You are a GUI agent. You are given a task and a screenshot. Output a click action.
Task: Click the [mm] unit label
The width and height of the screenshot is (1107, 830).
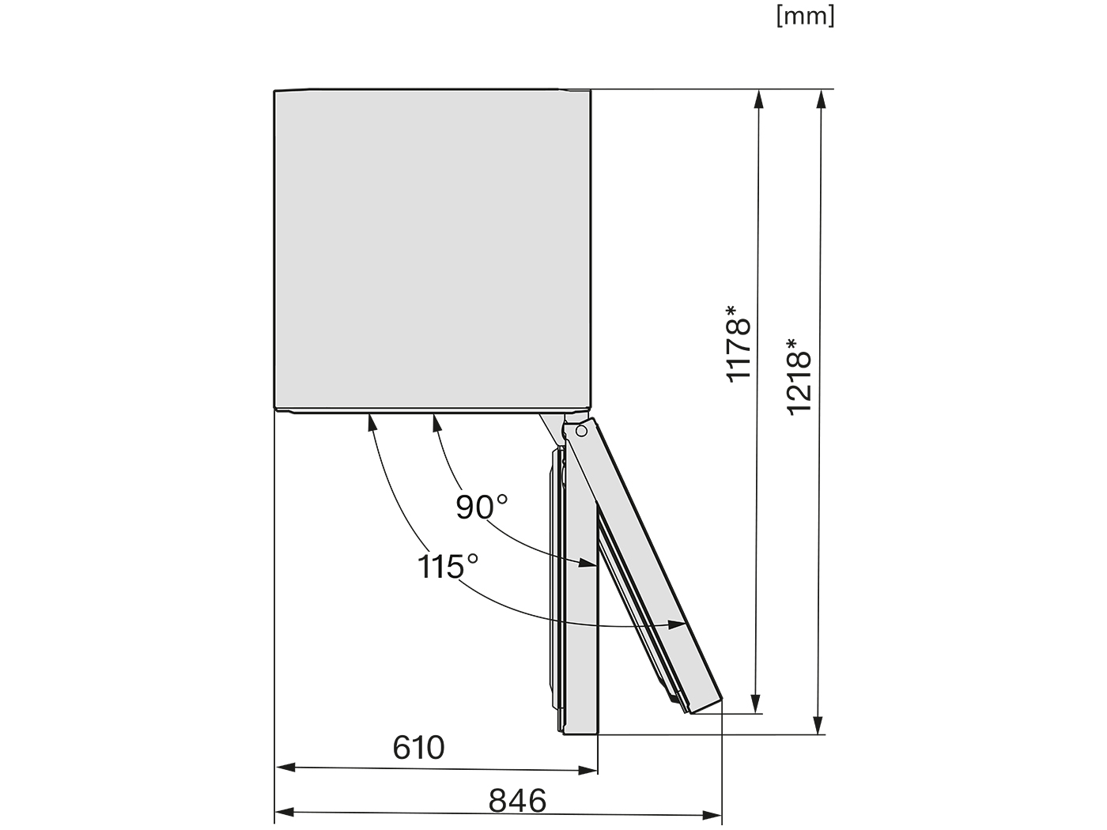[806, 17]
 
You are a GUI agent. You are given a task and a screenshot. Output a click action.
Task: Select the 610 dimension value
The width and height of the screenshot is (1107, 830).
[418, 747]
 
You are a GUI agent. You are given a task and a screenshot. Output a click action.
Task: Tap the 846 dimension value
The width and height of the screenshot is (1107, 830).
[517, 800]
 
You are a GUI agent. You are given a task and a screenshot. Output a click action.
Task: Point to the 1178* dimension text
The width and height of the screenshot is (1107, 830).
[739, 344]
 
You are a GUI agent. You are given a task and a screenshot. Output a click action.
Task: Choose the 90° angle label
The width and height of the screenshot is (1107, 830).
[482, 507]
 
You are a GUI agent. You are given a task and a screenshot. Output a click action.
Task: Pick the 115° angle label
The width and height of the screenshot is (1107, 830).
[448, 567]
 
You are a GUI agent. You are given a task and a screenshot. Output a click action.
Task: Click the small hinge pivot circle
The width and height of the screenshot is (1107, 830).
[581, 432]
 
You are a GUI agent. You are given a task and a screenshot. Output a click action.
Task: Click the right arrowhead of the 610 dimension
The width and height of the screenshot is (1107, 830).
[588, 770]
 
